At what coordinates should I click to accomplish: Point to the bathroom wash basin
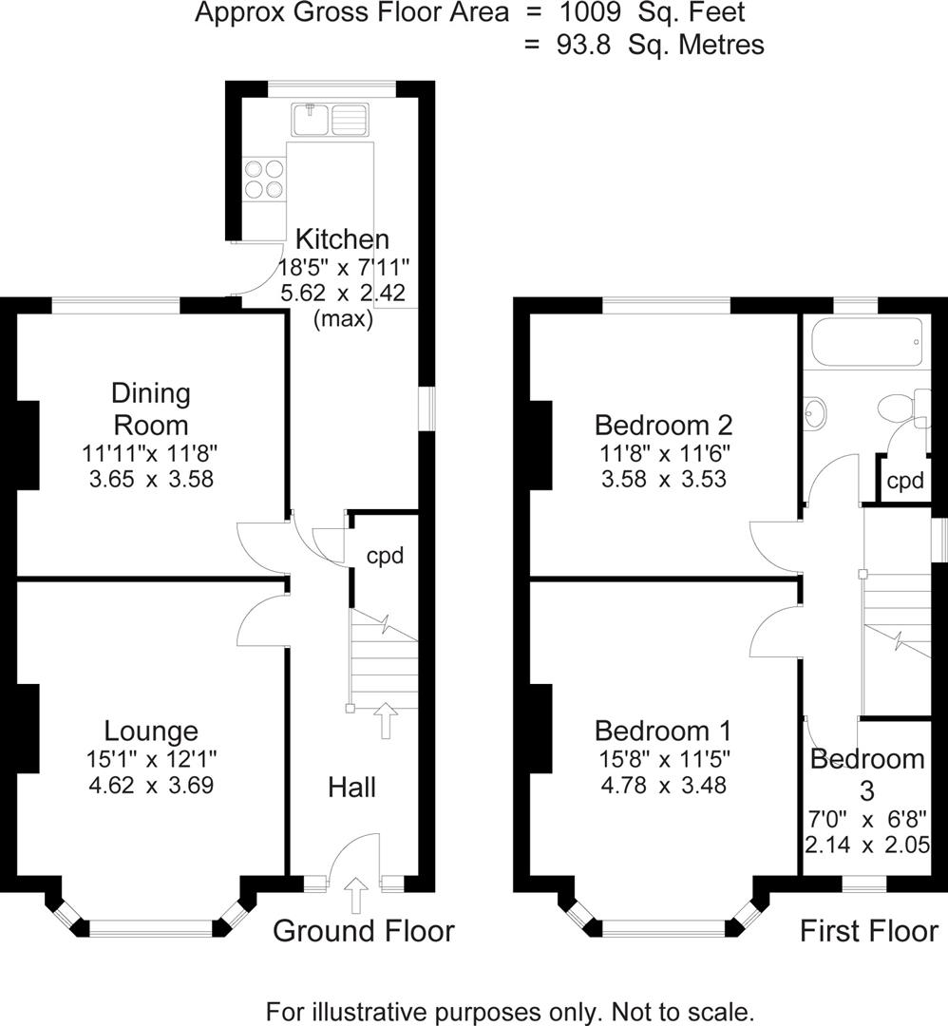pos(814,411)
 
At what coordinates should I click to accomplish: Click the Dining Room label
pos(151,408)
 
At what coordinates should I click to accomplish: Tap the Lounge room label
pos(151,731)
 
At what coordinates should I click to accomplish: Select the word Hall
pos(351,787)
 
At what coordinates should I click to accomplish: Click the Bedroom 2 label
pos(663,424)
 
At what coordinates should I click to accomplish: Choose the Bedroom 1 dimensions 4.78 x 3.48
pos(663,786)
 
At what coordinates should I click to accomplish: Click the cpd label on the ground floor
pos(385,556)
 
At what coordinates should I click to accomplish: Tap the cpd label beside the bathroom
pos(904,481)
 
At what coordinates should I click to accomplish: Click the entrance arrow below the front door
pos(357,895)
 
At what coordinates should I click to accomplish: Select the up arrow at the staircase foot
pos(386,720)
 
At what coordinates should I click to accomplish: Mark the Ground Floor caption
pos(364,931)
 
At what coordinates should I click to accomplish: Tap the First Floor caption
pos(868,931)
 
